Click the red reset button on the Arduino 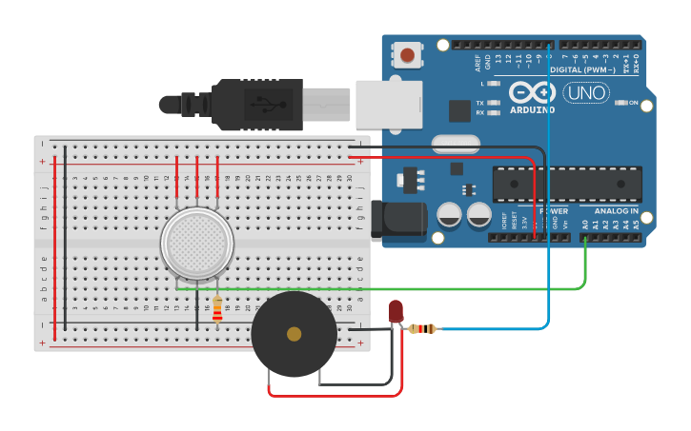click(x=408, y=55)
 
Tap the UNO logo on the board click(x=585, y=93)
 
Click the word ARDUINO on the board click(x=532, y=109)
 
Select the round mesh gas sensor click(x=196, y=245)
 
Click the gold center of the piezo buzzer click(x=294, y=334)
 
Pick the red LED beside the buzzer click(x=396, y=310)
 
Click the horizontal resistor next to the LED click(x=422, y=329)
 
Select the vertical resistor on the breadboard click(x=217, y=308)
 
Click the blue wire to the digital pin click(x=550, y=190)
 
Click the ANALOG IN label click(x=617, y=211)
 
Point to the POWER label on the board click(x=554, y=211)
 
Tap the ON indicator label click(x=633, y=103)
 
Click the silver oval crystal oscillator click(x=456, y=145)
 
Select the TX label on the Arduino click(x=480, y=103)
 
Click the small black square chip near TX click(x=459, y=110)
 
